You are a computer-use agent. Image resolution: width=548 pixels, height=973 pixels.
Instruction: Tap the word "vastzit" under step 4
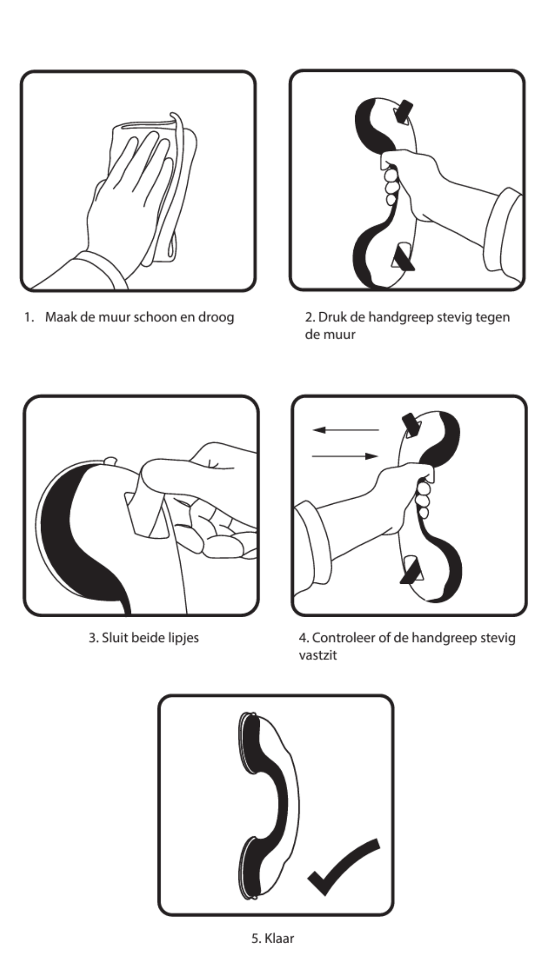[x=318, y=655]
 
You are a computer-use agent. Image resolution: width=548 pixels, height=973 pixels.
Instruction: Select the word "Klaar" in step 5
[x=280, y=938]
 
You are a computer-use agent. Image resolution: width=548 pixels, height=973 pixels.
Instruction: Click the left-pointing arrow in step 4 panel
[x=346, y=430]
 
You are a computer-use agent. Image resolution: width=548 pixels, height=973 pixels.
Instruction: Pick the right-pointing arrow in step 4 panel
[x=346, y=456]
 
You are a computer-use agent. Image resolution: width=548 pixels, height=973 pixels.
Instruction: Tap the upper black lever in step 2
[x=405, y=111]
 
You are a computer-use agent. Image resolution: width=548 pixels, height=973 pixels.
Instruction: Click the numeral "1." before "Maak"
[x=29, y=318]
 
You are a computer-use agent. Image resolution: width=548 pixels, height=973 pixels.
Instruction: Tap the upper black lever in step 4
[x=410, y=425]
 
